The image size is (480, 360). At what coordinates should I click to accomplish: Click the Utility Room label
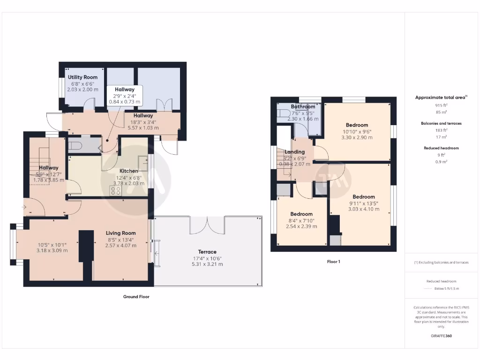(82, 77)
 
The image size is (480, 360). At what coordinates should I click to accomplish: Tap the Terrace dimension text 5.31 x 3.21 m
(207, 264)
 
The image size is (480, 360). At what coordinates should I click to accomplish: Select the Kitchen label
(128, 171)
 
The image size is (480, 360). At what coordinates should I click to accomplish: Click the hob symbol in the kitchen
(115, 190)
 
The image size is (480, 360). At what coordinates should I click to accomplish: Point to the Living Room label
(120, 233)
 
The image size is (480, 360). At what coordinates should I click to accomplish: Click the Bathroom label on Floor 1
(303, 107)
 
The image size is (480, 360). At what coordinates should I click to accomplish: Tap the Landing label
(295, 152)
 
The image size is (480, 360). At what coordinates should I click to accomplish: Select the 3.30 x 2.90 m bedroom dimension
(357, 137)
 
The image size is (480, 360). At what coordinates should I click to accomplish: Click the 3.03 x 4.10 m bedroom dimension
(364, 209)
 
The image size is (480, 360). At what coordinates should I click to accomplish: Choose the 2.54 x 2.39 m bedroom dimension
(301, 226)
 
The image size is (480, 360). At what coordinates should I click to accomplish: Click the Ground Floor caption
(136, 297)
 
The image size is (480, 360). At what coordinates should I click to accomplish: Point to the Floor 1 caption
(333, 262)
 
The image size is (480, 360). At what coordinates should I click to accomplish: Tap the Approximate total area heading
(441, 97)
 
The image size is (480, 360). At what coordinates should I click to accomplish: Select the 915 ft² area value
(441, 105)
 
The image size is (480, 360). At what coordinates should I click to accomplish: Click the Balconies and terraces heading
(441, 123)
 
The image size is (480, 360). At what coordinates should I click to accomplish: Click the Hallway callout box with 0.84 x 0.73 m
(125, 95)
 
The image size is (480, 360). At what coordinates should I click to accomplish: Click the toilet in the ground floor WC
(76, 146)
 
